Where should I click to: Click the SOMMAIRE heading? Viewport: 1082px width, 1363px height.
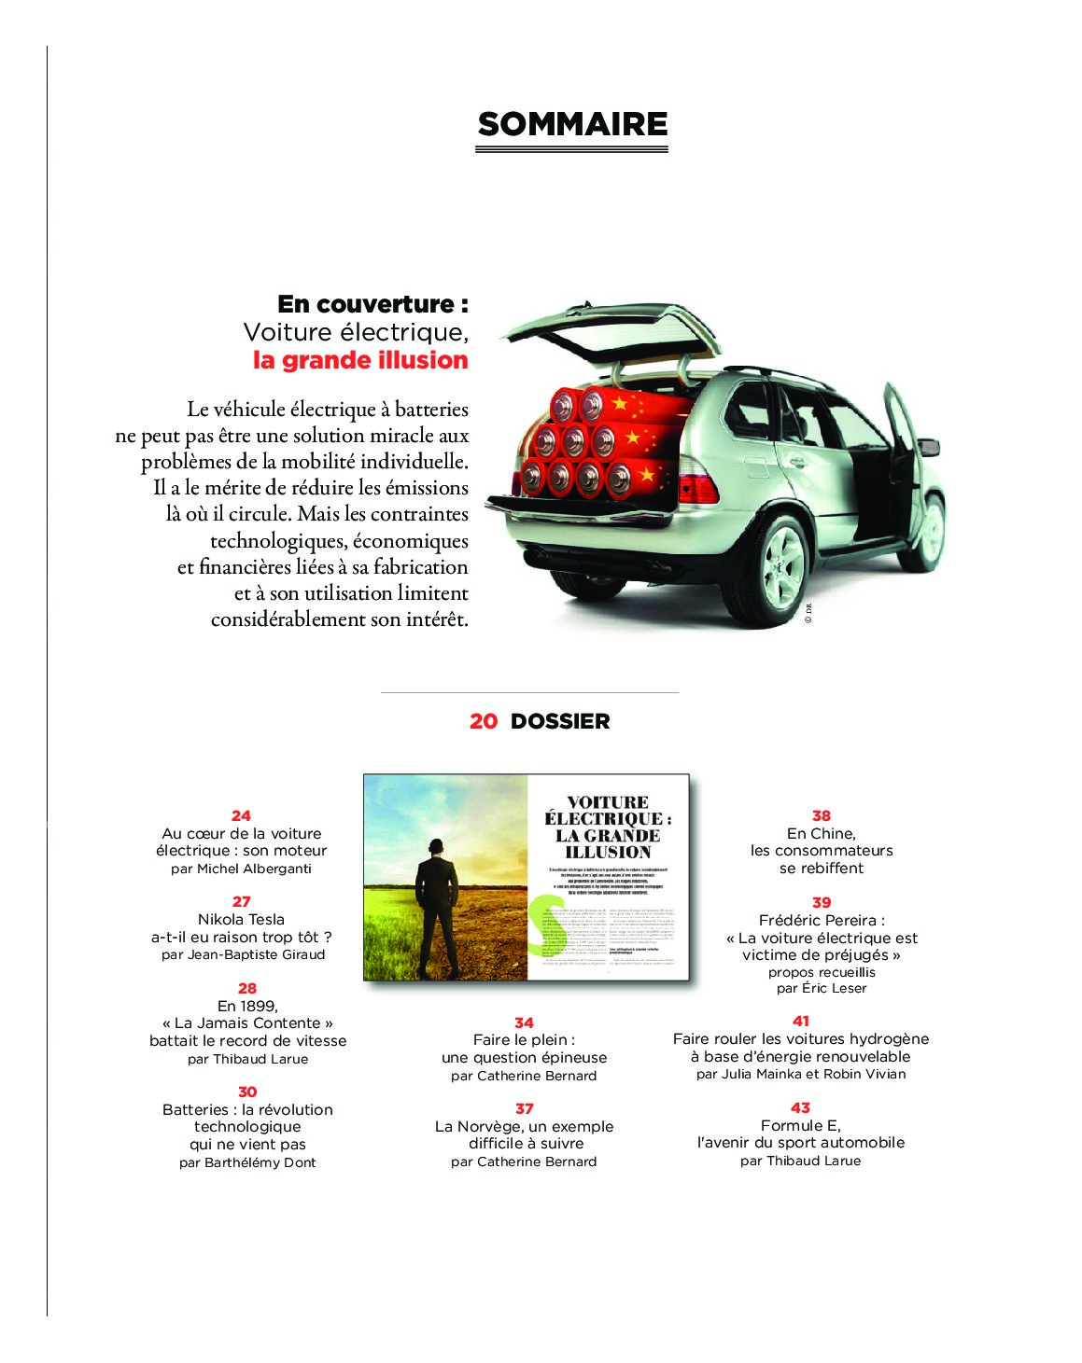pyautogui.click(x=572, y=124)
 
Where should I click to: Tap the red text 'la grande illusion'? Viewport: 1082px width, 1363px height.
pyautogui.click(x=360, y=360)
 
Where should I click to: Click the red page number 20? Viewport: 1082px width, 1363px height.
pyautogui.click(x=484, y=721)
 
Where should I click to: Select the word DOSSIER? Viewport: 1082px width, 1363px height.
pyautogui.click(x=560, y=721)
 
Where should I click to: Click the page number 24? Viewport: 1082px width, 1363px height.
pyautogui.click(x=241, y=815)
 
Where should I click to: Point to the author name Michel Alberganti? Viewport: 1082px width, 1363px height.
pyautogui.click(x=254, y=869)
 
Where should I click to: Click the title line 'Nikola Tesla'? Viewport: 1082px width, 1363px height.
pyautogui.click(x=241, y=919)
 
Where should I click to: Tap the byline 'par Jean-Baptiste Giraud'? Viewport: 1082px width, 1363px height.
pyautogui.click(x=243, y=954)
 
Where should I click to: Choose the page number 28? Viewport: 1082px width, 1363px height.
pyautogui.click(x=246, y=988)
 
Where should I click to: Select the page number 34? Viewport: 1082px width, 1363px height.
pyautogui.click(x=524, y=1022)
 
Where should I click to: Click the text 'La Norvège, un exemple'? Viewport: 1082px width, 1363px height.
pyautogui.click(x=524, y=1126)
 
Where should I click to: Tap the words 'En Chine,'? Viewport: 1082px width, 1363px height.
pyautogui.click(x=821, y=833)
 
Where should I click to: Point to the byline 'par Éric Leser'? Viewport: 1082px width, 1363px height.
pyautogui.click(x=822, y=988)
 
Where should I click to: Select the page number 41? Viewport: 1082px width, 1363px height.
pyautogui.click(x=801, y=1021)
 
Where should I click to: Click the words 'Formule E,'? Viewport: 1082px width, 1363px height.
pyautogui.click(x=800, y=1125)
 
